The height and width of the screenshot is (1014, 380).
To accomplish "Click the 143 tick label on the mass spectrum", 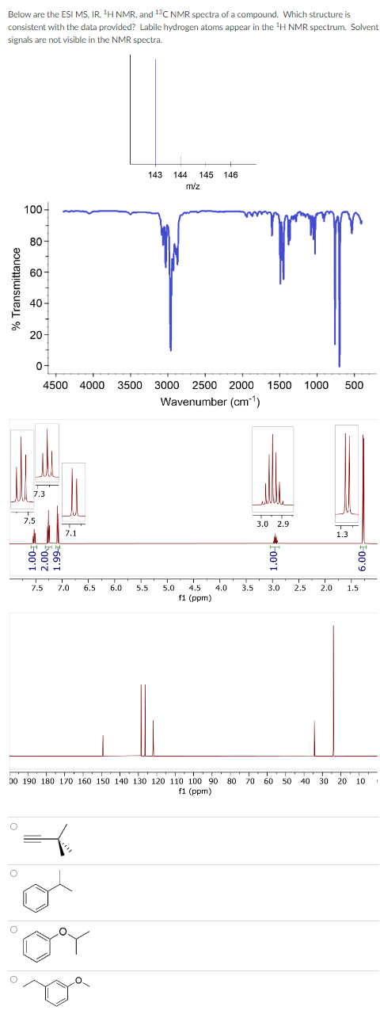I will pyautogui.click(x=155, y=174).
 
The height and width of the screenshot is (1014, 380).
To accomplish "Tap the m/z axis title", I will pyautogui.click(x=192, y=185).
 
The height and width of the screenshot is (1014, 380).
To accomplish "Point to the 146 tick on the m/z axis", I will pyautogui.click(x=231, y=174).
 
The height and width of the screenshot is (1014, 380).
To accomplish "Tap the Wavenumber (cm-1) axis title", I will pyautogui.click(x=211, y=402).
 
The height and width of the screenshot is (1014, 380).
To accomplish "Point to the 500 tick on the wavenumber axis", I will pyautogui.click(x=354, y=386).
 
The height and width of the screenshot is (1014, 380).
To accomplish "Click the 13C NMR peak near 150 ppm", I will pyautogui.click(x=103, y=745).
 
